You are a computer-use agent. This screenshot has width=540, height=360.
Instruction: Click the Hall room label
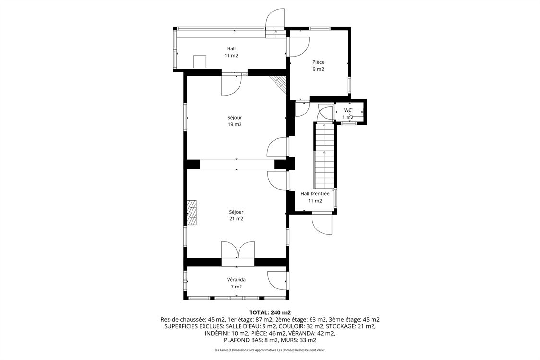tap(231, 52)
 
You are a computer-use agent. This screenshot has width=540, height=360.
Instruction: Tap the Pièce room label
tap(318, 65)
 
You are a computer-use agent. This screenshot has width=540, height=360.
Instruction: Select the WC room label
tap(348, 114)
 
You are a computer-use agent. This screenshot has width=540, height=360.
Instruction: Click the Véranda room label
tap(236, 283)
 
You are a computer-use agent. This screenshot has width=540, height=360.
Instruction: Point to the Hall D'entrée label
tap(315, 197)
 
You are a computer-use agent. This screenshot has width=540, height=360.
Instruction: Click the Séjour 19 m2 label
tap(235, 120)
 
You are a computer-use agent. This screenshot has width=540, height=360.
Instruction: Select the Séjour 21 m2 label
tap(236, 215)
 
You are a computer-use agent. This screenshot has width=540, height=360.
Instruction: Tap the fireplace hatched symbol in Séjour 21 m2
tap(192, 212)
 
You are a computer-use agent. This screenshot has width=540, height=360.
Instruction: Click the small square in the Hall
tap(200, 61)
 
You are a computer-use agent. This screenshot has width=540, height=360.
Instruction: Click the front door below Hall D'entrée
tap(322, 224)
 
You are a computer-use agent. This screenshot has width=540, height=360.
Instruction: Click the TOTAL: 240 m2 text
tap(270, 312)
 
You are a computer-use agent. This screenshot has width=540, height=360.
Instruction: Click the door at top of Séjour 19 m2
tap(230, 85)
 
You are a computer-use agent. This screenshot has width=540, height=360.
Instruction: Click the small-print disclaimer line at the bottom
tap(270, 350)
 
